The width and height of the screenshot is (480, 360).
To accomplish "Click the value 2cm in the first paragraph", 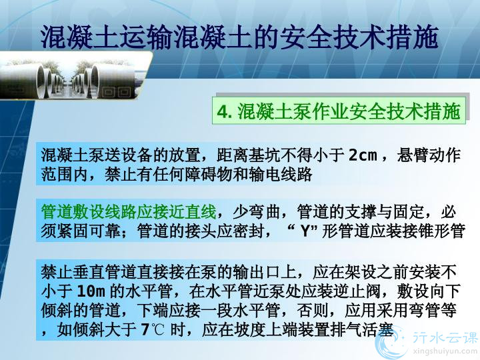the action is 363,155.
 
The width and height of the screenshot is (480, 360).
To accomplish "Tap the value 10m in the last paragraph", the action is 91,291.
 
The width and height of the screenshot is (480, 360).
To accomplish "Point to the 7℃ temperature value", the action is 153,329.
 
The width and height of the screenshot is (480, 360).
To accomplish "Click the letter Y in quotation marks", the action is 305,231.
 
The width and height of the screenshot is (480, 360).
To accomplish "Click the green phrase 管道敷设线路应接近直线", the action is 129,212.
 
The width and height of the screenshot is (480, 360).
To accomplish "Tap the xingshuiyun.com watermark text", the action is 445,350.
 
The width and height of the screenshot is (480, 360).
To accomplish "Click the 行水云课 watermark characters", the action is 445,337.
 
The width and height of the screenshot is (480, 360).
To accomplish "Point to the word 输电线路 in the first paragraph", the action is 281,174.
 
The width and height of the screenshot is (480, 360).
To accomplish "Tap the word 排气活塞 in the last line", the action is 361,329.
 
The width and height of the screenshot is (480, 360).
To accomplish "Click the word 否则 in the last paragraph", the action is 313,310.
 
